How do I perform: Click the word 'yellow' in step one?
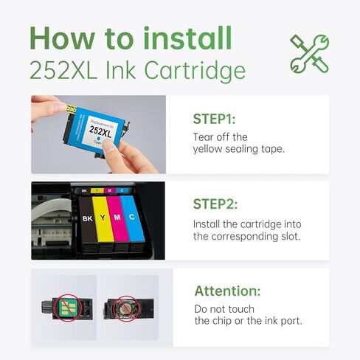[x=210, y=150]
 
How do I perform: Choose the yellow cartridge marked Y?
[x=103, y=221]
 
